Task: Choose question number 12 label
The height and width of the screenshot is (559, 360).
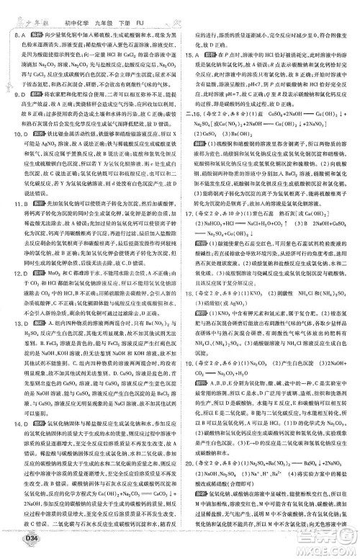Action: [x=17, y=293]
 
